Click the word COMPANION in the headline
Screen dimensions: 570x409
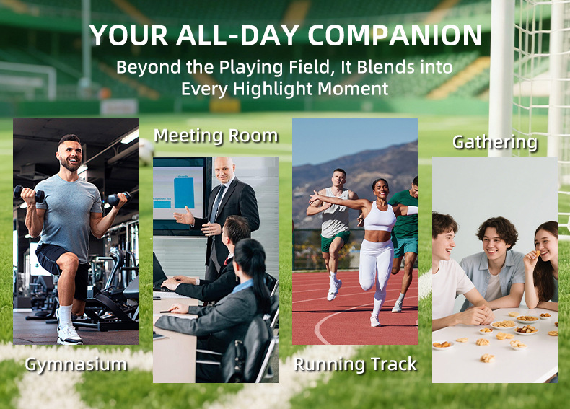click(x=395, y=35)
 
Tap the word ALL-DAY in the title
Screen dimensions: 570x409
click(x=238, y=35)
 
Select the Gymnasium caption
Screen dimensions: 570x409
click(x=76, y=365)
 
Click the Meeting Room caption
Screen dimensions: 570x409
click(x=216, y=136)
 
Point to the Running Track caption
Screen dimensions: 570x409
click(x=355, y=364)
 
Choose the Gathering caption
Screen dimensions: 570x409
click(x=495, y=142)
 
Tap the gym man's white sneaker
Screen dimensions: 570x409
click(x=69, y=334)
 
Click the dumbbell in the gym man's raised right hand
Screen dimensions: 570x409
click(x=29, y=193)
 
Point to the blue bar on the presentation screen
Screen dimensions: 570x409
click(x=184, y=193)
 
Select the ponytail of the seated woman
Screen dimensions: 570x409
click(x=259, y=276)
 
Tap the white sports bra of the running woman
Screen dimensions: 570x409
click(x=379, y=217)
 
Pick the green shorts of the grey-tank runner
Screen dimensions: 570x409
click(x=335, y=241)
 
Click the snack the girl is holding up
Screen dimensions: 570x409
click(x=538, y=253)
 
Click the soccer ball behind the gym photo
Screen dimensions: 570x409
click(x=146, y=152)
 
